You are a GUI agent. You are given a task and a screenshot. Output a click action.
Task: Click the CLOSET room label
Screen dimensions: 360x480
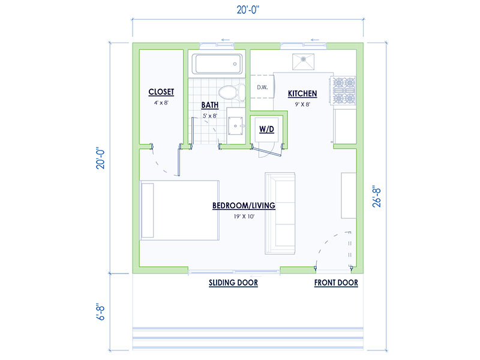point(161,92)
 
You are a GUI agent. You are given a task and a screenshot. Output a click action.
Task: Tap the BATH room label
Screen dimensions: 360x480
point(209,106)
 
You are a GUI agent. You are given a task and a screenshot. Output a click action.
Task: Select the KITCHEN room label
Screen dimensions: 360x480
point(302,94)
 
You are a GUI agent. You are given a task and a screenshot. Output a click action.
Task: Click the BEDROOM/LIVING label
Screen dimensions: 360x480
point(244,206)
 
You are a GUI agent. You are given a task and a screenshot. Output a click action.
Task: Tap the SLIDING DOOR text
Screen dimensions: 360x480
point(233,283)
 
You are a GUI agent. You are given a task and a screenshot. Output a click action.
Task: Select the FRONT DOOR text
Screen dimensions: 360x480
point(336,283)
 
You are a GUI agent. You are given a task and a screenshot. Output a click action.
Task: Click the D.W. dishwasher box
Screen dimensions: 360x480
point(262,88)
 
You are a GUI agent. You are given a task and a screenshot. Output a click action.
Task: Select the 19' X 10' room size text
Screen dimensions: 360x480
point(244,217)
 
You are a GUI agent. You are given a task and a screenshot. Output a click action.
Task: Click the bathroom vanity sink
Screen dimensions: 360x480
point(236,125)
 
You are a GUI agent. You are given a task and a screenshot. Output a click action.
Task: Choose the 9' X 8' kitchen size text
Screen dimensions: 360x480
point(302,104)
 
